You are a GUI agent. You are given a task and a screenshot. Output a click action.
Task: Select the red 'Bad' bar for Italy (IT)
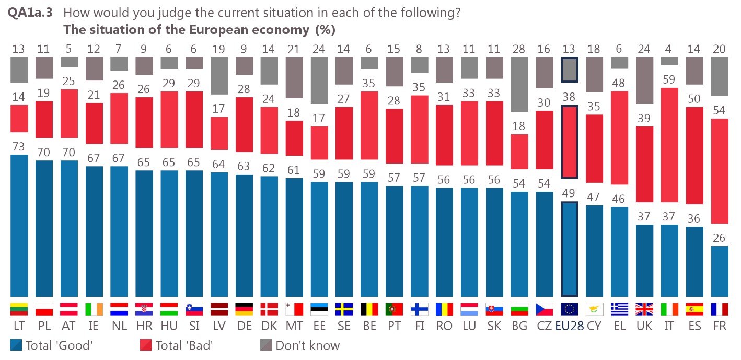pyautogui.click(x=669, y=145)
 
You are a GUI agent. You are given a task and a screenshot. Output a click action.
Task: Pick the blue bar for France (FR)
pyautogui.click(x=720, y=271)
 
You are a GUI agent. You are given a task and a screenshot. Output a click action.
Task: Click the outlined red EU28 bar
pyautogui.click(x=569, y=142)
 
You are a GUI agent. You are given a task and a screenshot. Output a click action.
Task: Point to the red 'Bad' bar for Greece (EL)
pyautogui.click(x=619, y=138)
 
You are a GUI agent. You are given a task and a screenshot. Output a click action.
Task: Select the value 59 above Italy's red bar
pyautogui.click(x=669, y=80)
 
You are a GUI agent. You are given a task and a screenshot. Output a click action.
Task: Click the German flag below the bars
pyautogui.click(x=244, y=309)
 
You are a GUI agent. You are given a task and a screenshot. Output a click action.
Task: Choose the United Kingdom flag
pyautogui.click(x=644, y=309)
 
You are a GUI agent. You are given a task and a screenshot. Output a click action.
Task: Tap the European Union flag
pyautogui.click(x=569, y=309)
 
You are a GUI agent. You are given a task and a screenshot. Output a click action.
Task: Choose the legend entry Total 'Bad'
pyautogui.click(x=177, y=345)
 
